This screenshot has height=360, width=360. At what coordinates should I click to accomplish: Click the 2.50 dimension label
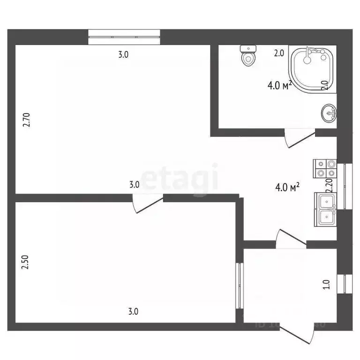pos(27,261)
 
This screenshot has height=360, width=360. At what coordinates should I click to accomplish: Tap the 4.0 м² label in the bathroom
pos(280,85)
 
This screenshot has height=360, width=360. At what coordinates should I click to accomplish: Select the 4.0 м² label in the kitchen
pos(287,188)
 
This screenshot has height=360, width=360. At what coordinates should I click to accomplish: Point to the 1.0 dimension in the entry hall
pos(327,285)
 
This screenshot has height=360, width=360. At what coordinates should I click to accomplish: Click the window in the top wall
pos(124,37)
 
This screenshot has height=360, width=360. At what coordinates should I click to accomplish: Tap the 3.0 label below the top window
pos(123,54)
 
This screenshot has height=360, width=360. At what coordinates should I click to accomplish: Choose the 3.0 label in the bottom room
pos(134,311)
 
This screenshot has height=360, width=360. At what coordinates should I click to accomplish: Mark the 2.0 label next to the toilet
pos(279,53)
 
